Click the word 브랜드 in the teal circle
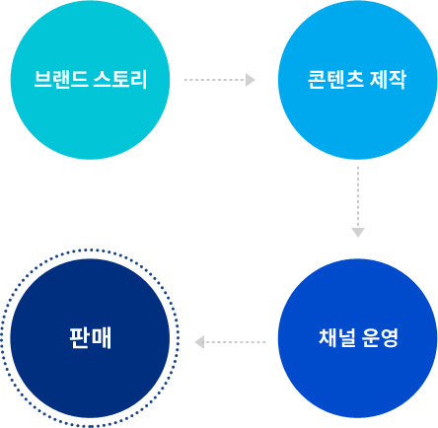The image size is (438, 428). point(60,80)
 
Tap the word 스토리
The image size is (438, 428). point(119,80)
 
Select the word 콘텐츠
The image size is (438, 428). point(335,80)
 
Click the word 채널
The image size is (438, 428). point(337,337)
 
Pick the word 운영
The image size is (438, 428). point(380,337)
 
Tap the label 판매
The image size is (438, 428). point(91,337)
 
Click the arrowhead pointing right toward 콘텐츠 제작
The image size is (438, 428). point(251,80)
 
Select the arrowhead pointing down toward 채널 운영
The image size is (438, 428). point(358,232)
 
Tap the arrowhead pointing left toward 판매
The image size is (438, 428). point(199,342)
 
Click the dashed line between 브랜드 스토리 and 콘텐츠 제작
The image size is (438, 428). point(215,80)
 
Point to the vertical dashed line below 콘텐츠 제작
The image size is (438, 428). point(358,197)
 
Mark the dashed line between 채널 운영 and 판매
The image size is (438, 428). point(235,342)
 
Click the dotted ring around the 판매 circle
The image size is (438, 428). point(91,250)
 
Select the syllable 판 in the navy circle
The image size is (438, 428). point(80,337)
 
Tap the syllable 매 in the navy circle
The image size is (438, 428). point(102,337)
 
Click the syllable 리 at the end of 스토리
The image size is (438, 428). point(138,80)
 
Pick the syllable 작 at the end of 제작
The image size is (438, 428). point(398,80)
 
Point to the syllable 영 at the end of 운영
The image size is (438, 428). point(390,337)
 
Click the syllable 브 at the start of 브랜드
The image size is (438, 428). point(42,80)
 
